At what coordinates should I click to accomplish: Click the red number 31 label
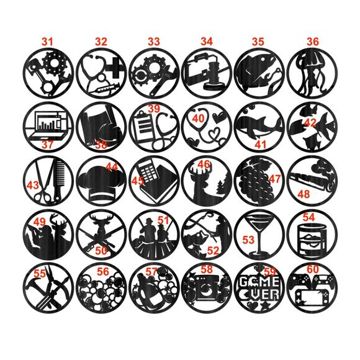47,41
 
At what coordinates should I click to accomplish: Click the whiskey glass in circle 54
313,238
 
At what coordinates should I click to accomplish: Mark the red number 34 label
207,41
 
